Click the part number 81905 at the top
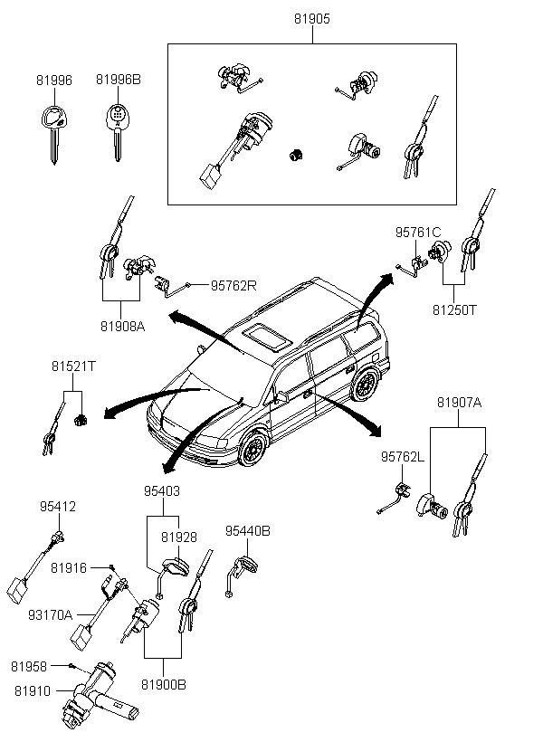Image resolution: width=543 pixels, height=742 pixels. point(312,18)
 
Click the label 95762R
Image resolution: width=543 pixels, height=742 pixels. point(233,286)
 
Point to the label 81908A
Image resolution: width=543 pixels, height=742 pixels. point(122,327)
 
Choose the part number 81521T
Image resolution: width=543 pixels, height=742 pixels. point(73,366)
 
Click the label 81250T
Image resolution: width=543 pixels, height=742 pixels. point(454,310)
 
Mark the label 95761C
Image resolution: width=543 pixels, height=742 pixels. point(418,233)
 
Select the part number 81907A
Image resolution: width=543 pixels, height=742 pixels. point(459,403)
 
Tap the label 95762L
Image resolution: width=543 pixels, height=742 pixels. point(403,457)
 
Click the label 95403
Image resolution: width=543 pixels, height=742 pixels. point(162,491)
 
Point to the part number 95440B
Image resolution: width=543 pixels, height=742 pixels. point(248,531)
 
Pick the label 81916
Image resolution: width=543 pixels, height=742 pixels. point(69,568)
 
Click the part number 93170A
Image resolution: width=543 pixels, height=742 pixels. point(50,615)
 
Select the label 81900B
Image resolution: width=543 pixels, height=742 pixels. point(163,685)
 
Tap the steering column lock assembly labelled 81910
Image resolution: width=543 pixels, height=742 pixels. point(100,696)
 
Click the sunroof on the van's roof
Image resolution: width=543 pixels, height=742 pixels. point(267,337)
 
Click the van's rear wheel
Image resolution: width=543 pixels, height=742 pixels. point(365,385)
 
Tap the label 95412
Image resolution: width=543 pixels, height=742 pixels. point(58,507)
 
